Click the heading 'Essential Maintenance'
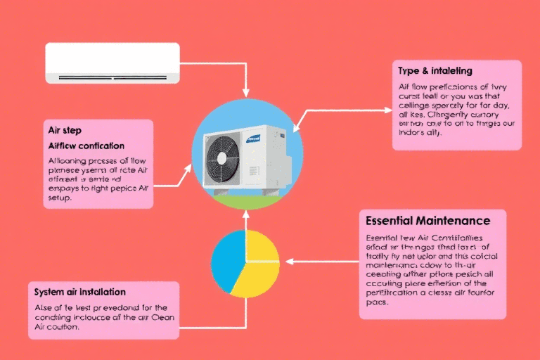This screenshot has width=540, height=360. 427,221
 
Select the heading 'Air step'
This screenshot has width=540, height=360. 65,131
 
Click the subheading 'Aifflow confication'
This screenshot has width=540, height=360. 86,146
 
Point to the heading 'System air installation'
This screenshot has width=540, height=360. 79,291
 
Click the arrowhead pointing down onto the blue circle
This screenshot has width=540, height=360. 245,94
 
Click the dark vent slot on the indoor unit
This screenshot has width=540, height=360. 112,77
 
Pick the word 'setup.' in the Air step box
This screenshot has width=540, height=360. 61,198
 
